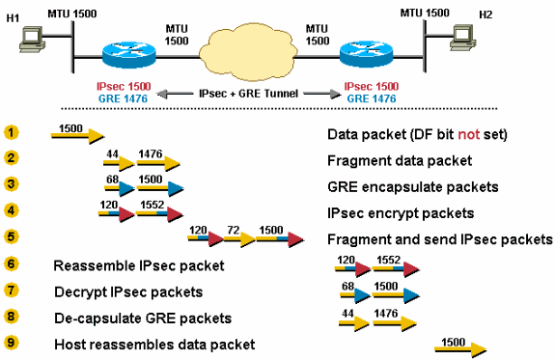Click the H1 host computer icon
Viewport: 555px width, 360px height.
[x=32, y=40]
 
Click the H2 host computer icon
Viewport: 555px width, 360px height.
[x=462, y=38]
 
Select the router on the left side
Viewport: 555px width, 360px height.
[x=128, y=54]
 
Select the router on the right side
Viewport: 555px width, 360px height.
[x=367, y=54]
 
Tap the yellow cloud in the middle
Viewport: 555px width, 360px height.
[x=247, y=52]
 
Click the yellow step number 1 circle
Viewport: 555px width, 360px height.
[x=12, y=133]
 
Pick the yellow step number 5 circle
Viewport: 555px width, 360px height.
[x=12, y=236]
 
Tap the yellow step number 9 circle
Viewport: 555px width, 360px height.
[x=12, y=343]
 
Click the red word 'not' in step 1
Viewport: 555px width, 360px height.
[x=469, y=134]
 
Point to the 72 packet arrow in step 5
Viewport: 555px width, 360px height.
[x=239, y=239]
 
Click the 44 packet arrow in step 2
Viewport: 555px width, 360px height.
[x=119, y=163]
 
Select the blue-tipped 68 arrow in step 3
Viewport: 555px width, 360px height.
[x=119, y=188]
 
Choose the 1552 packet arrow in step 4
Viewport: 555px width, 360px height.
[x=159, y=214]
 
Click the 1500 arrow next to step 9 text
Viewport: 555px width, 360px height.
[x=460, y=349]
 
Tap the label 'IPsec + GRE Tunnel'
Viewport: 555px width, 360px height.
[x=248, y=94]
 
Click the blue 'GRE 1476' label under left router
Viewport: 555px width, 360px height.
[x=123, y=98]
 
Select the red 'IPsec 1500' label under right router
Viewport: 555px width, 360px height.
[x=372, y=86]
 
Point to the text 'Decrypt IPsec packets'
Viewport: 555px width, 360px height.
[x=128, y=292]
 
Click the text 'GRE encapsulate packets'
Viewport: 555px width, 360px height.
[x=413, y=187]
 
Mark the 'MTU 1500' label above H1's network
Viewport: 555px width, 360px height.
[x=72, y=14]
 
